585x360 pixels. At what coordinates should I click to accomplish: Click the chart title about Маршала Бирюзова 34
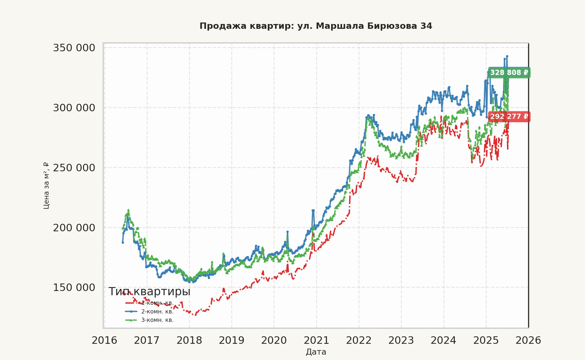[316, 26]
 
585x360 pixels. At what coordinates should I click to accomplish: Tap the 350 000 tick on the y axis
[74, 48]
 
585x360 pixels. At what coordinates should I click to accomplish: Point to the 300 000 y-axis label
[74, 108]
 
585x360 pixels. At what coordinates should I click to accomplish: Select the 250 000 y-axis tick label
[74, 168]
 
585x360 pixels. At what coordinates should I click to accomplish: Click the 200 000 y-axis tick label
[74, 228]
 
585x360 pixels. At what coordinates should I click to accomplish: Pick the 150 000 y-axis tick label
[74, 287]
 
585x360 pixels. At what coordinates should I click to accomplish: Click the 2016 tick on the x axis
[104, 340]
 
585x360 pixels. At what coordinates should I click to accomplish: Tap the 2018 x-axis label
[189, 340]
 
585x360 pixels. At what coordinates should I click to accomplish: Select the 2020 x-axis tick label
[274, 340]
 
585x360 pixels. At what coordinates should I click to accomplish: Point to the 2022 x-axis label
[359, 340]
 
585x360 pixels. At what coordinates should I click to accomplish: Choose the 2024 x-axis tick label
[443, 340]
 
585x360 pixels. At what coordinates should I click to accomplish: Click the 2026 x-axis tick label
[528, 340]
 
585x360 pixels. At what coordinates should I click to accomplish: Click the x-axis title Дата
[316, 352]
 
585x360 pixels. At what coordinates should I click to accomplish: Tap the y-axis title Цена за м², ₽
[46, 185]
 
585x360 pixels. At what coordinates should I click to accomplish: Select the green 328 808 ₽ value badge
[509, 73]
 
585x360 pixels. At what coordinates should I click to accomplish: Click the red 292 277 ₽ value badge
[509, 116]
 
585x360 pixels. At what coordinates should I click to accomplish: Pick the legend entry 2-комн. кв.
[157, 311]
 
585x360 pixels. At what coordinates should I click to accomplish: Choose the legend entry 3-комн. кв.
[157, 320]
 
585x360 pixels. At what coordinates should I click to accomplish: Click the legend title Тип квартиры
[149, 292]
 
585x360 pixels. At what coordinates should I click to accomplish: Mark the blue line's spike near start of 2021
[313, 210]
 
